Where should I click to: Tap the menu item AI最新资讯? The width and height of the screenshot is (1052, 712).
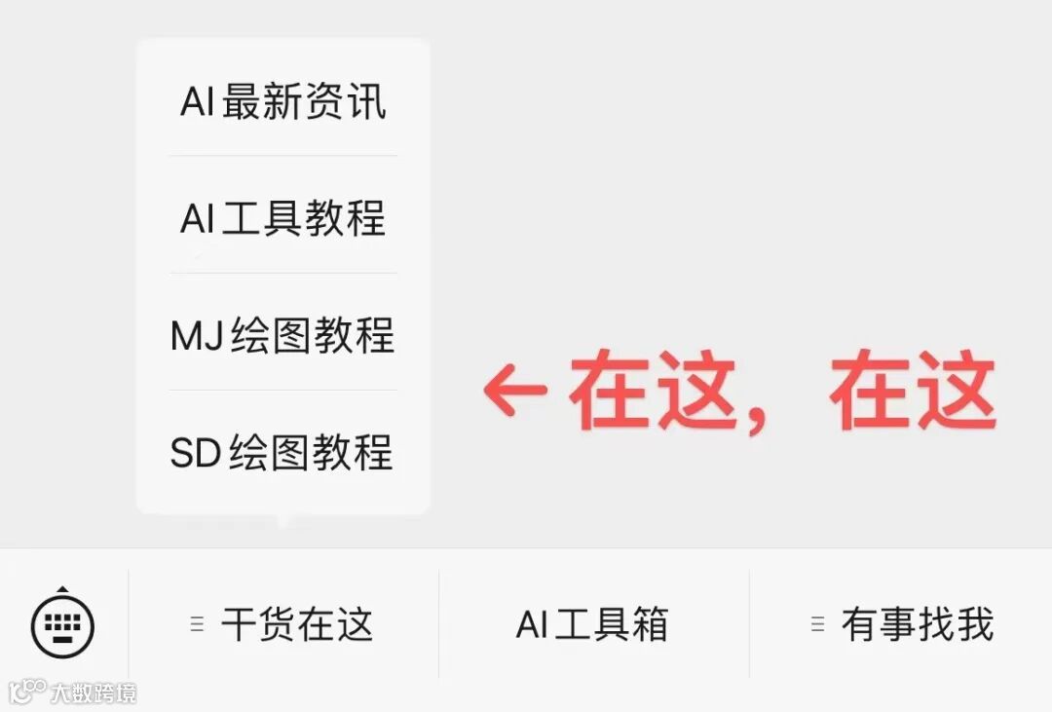coord(282,102)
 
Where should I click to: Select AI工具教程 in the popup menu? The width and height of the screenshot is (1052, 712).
coord(282,219)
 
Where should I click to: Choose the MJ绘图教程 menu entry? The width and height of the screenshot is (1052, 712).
coord(282,336)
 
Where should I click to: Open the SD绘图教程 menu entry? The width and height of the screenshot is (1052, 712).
coord(282,453)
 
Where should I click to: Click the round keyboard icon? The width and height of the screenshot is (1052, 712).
coord(62,625)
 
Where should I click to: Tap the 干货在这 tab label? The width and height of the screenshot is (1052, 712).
coord(297,625)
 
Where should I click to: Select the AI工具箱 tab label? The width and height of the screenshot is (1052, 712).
coord(592,625)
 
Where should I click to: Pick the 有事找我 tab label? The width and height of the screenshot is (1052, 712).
coord(917,625)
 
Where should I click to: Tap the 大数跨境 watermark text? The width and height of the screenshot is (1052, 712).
coord(94,693)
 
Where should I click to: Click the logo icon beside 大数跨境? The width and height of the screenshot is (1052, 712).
coord(27,692)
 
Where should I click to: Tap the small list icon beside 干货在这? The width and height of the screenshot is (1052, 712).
coord(197,625)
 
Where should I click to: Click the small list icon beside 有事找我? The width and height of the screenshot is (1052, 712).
coord(818,625)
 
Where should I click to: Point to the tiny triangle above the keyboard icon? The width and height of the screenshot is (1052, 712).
coord(62,589)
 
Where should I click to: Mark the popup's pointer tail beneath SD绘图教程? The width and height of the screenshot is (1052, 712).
coord(282,521)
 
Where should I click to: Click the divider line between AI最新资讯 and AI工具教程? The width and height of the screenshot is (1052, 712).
coord(282,156)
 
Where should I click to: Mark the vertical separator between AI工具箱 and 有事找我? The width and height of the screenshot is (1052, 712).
coord(749,624)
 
